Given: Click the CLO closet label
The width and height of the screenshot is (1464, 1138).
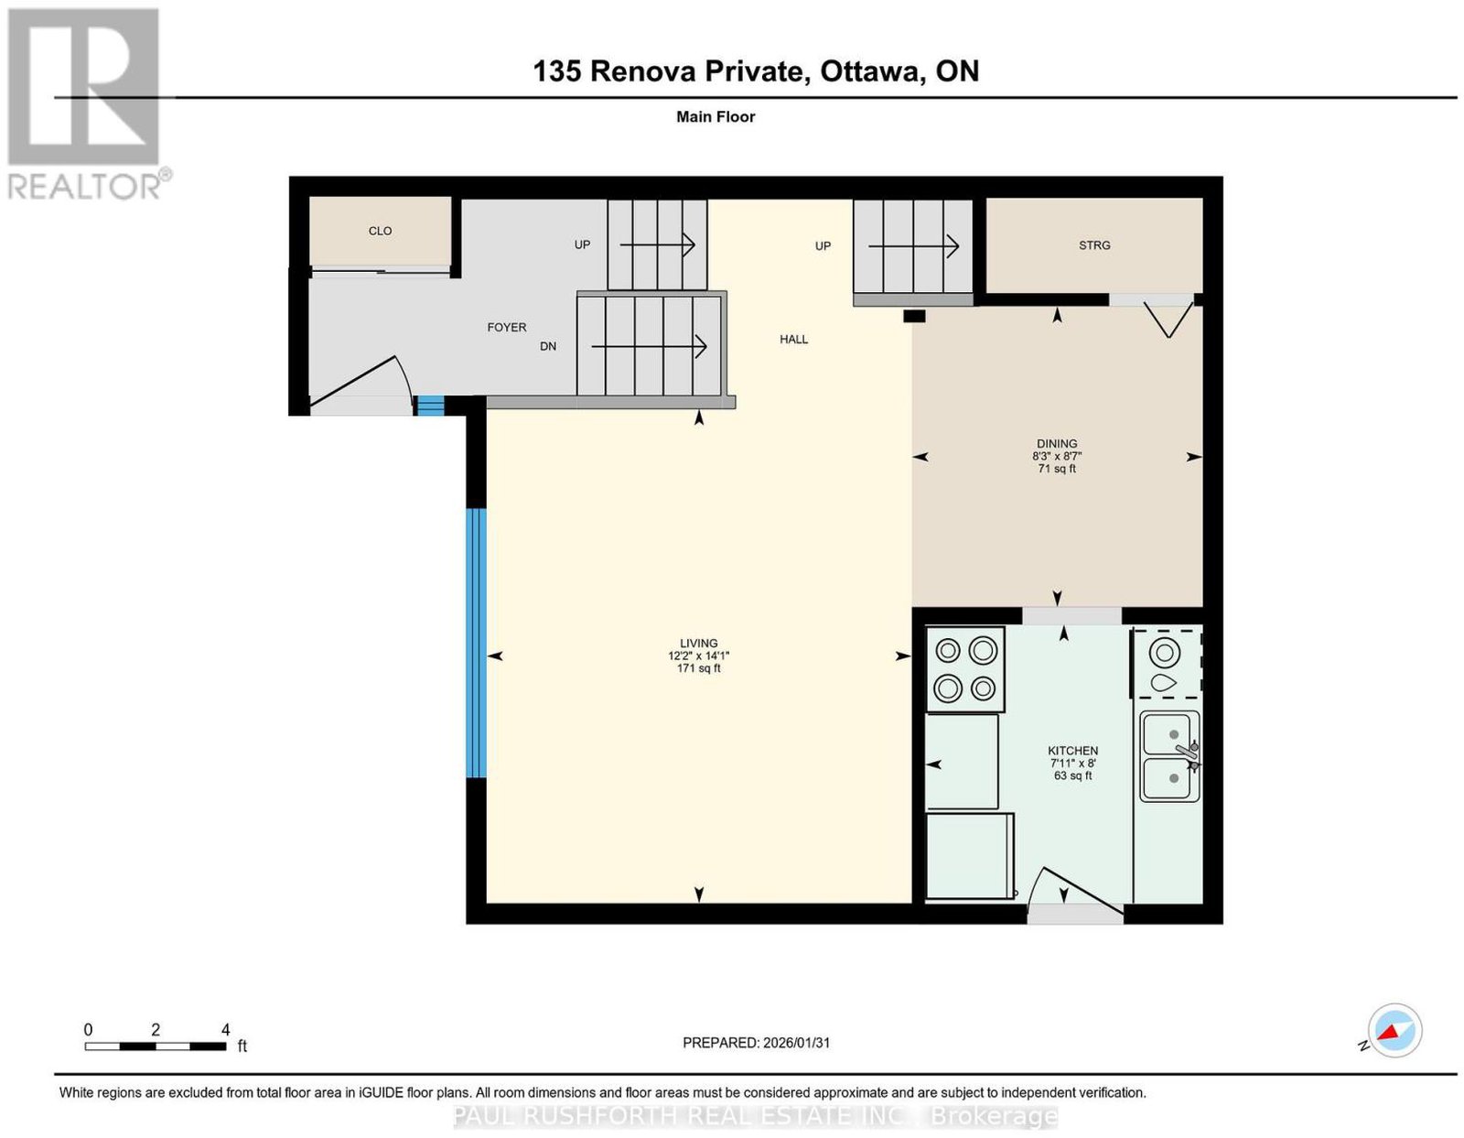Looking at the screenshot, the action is [x=380, y=231].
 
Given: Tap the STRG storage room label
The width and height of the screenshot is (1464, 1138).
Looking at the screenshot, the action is [x=1094, y=245].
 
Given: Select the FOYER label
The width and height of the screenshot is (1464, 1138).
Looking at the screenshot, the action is [x=507, y=327].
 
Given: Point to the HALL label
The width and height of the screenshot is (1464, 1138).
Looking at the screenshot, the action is [x=793, y=339].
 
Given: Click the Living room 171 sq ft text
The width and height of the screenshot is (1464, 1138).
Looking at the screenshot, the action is [x=699, y=668].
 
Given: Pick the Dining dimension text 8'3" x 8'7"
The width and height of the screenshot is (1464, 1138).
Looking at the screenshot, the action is [x=1057, y=456].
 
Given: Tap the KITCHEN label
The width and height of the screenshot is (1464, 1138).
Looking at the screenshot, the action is [x=1072, y=751].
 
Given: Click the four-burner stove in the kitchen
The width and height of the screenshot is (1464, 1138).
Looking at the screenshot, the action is [x=965, y=669].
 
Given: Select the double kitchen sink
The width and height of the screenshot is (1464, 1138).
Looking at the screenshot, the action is [x=1169, y=756].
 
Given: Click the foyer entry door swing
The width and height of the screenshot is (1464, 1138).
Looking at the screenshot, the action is [x=364, y=382].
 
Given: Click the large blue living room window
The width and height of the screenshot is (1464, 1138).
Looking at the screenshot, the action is [x=477, y=643].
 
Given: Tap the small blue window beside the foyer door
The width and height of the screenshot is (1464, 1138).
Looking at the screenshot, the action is [x=430, y=405].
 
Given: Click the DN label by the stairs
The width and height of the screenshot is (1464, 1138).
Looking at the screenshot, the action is [x=548, y=346].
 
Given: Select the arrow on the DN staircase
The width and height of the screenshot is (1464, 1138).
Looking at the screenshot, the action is [x=649, y=346].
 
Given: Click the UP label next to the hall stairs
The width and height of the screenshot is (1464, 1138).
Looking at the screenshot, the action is [x=823, y=246].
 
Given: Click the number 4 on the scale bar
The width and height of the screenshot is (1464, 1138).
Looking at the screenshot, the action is [x=226, y=1030].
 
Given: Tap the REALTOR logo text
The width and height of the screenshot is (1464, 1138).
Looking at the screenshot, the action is [x=85, y=187].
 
